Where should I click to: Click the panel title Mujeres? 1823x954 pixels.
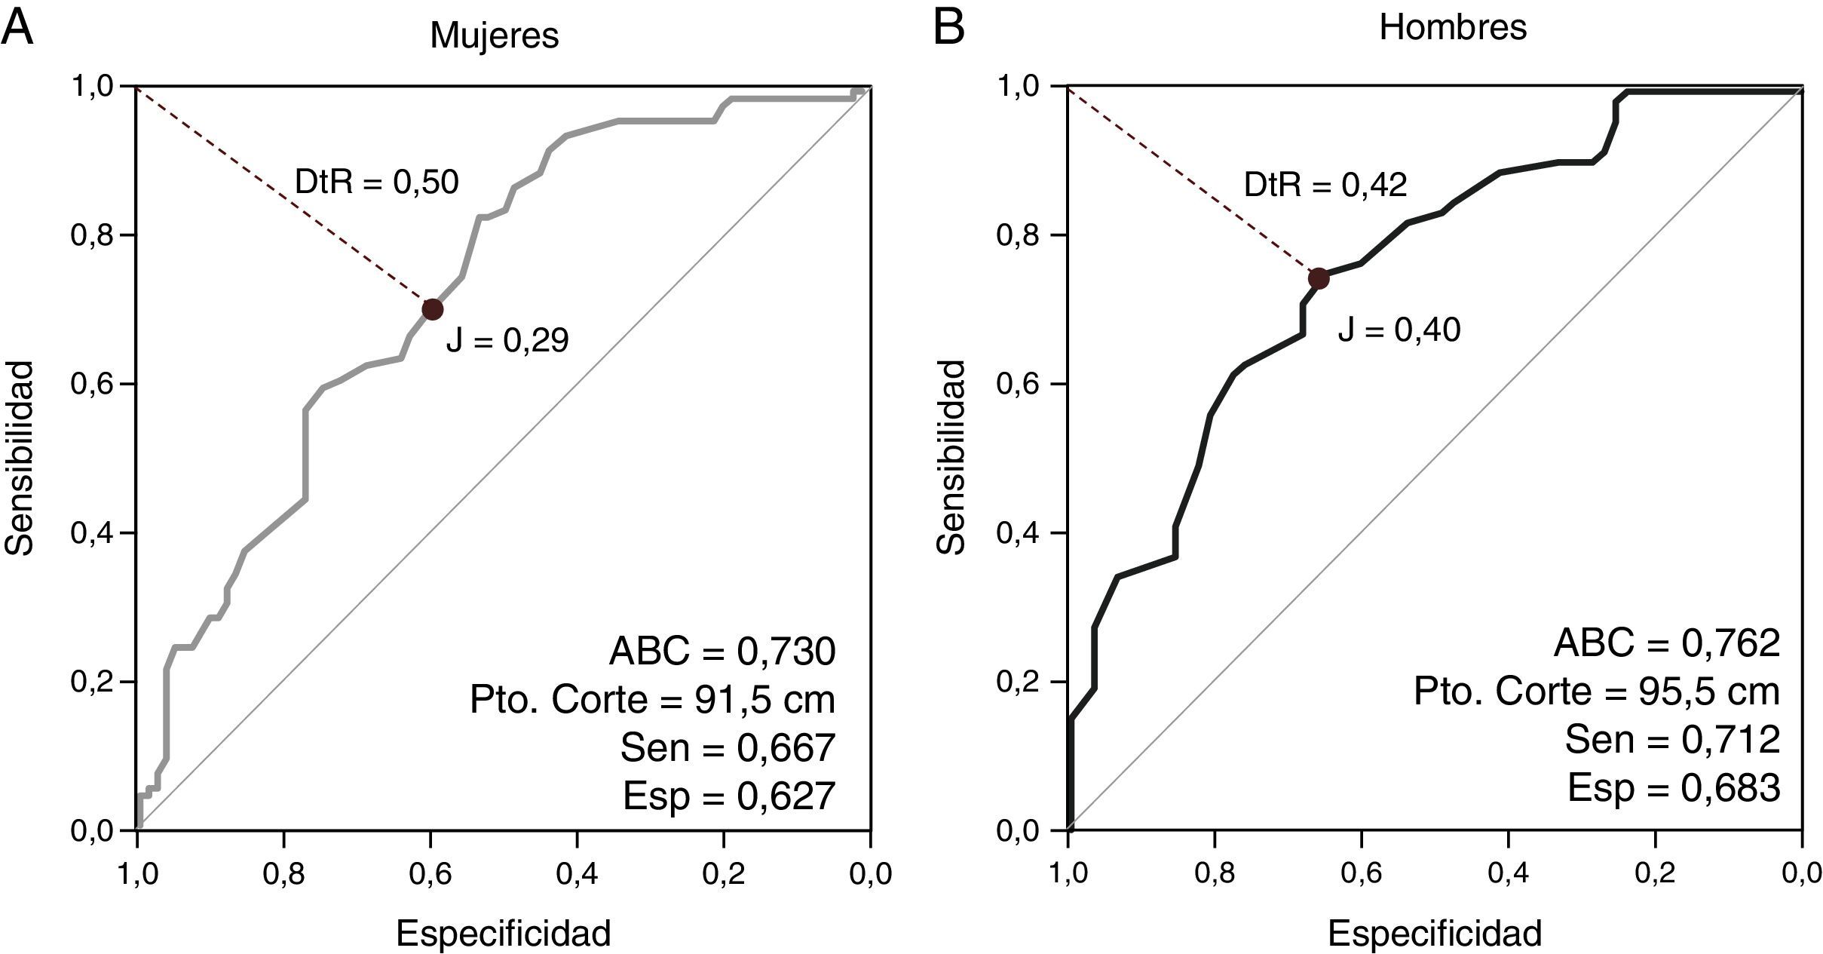[x=495, y=35]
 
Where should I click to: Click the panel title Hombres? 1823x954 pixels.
[x=1453, y=28]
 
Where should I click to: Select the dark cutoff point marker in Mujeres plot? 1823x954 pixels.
[x=432, y=309]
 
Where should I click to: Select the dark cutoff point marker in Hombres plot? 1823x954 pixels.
[x=1318, y=278]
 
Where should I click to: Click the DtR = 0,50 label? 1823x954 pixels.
[x=376, y=183]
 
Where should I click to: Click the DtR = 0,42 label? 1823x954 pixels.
[x=1325, y=186]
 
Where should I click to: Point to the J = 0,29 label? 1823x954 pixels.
[x=507, y=342]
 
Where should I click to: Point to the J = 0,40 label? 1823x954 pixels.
[x=1399, y=330]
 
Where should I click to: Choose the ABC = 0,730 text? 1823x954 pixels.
[x=722, y=652]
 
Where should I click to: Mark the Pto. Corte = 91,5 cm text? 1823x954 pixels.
[x=652, y=700]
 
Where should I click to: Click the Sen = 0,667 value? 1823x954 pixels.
[x=728, y=747]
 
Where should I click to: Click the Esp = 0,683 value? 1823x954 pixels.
[x=1674, y=788]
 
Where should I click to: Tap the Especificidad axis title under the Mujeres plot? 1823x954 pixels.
[x=503, y=934]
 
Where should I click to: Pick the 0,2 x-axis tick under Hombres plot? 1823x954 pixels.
[x=1655, y=873]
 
